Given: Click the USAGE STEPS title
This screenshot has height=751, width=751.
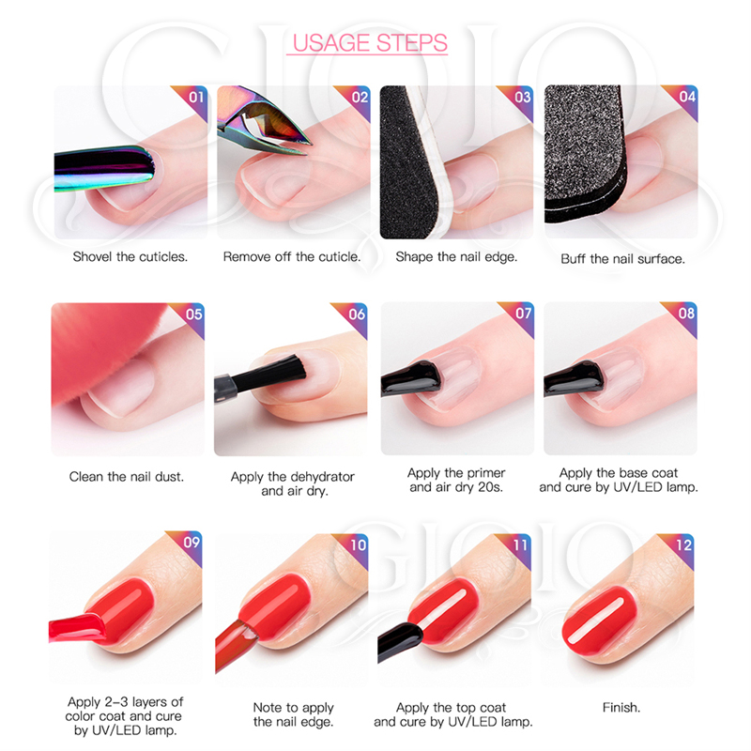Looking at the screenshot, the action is click(370, 43).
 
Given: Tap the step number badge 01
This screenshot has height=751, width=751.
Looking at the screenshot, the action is click(196, 98).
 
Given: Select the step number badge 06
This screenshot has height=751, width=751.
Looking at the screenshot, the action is click(357, 314).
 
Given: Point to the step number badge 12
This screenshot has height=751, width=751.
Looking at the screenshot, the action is click(683, 545).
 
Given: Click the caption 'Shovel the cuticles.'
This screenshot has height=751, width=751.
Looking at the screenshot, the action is click(130, 257).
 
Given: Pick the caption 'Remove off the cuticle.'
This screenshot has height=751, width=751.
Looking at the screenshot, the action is click(292, 257).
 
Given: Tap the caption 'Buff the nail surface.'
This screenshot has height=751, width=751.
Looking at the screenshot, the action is click(622, 259).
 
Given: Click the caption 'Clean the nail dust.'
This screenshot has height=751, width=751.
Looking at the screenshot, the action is click(127, 477).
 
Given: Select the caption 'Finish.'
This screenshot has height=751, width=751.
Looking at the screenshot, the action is click(621, 708).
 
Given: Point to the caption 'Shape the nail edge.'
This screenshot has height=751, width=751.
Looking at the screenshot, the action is click(456, 257).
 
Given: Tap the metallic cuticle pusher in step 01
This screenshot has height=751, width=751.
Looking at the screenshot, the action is click(103, 168).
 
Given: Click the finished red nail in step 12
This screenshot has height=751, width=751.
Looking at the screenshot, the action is click(600, 621).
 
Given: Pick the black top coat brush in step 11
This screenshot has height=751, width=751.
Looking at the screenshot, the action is click(400, 640).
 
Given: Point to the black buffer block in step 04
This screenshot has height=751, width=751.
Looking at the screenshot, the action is click(584, 153).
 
